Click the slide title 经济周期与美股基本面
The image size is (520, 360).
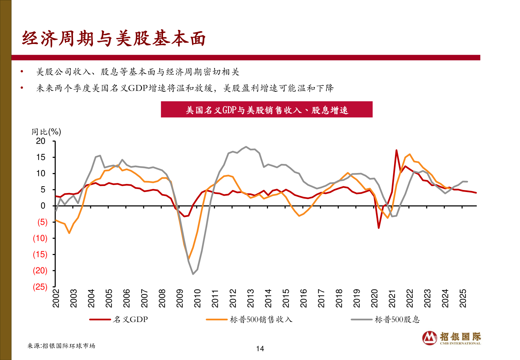tap(114, 39)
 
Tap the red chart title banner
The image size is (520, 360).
tap(266, 110)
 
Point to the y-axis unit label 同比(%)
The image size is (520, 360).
tap(46, 132)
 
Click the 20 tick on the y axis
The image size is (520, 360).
tap(41, 141)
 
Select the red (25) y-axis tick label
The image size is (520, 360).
tap(40, 287)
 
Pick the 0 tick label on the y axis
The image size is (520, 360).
tap(43, 206)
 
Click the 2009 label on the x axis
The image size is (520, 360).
tap(180, 298)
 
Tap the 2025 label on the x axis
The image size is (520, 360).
tap(463, 298)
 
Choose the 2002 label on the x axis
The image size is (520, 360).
tap(56, 298)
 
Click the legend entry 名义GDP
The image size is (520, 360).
tap(130, 319)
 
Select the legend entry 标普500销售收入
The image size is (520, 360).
tap(261, 319)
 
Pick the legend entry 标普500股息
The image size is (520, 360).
tap(397, 319)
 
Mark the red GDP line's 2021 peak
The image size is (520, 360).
tap(396, 150)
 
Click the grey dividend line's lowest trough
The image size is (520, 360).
tap(193, 274)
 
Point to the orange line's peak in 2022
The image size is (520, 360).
tap(409, 154)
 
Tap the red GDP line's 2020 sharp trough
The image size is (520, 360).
tap(379, 228)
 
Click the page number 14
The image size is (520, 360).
tap(260, 349)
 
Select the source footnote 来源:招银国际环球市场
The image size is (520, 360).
tap(61, 346)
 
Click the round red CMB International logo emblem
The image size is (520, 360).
tap(430, 338)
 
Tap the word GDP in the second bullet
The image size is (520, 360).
tap(138, 88)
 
